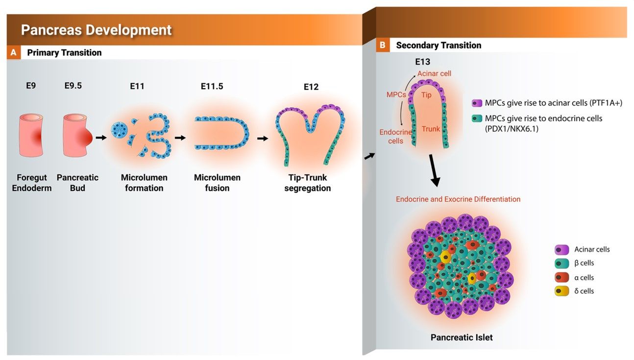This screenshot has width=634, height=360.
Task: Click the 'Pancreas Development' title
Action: pyautogui.click(x=96, y=30)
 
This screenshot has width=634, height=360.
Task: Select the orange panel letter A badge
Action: pyautogui.click(x=14, y=52)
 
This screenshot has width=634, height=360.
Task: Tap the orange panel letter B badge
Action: pyautogui.click(x=383, y=45)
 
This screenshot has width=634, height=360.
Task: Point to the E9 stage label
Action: pyautogui.click(x=31, y=86)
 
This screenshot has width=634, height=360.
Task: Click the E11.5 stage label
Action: pyautogui.click(x=212, y=86)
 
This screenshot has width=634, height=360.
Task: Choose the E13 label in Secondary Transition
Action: pyautogui.click(x=422, y=62)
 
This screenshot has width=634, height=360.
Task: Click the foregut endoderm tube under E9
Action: pyautogui.click(x=31, y=135)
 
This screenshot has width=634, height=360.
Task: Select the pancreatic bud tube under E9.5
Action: pyautogui.click(x=77, y=135)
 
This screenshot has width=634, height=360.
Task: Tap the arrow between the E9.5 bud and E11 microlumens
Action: pyautogui.click(x=101, y=138)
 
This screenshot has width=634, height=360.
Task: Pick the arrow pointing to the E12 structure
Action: pyautogui.click(x=263, y=139)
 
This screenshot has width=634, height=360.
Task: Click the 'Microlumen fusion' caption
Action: pyautogui.click(x=217, y=183)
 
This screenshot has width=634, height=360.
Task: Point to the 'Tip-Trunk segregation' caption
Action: pyautogui.click(x=308, y=183)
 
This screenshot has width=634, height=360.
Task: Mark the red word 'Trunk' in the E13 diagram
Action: pyautogui.click(x=431, y=129)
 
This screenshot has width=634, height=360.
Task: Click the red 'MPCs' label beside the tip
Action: pyautogui.click(x=396, y=95)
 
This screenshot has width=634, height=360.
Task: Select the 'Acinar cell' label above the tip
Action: pyautogui.click(x=434, y=73)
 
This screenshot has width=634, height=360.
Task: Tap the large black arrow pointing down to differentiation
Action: pyautogui.click(x=434, y=170)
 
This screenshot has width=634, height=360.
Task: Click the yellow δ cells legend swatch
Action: pyautogui.click(x=561, y=291)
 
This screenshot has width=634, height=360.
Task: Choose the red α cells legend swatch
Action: pyautogui.click(x=561, y=277)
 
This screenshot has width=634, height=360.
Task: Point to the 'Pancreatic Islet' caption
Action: pyautogui.click(x=462, y=337)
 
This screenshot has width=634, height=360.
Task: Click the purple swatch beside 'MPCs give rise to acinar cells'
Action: pyautogui.click(x=477, y=103)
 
